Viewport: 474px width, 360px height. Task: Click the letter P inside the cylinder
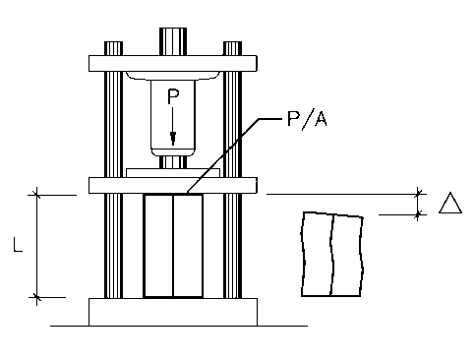pos(173,96)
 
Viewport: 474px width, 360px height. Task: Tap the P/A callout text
pos(307,119)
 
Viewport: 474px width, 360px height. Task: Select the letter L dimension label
pos(18,245)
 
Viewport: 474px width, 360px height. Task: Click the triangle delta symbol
pos(450,203)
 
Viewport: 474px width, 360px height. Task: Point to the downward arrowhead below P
pos(173,138)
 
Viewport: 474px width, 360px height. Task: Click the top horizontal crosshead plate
pos(173,63)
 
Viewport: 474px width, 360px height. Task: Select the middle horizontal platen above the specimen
pos(173,186)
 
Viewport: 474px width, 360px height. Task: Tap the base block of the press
pos(173,312)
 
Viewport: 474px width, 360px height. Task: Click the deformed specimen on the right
pos(332,255)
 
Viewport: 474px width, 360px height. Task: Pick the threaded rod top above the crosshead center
pos(173,41)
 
